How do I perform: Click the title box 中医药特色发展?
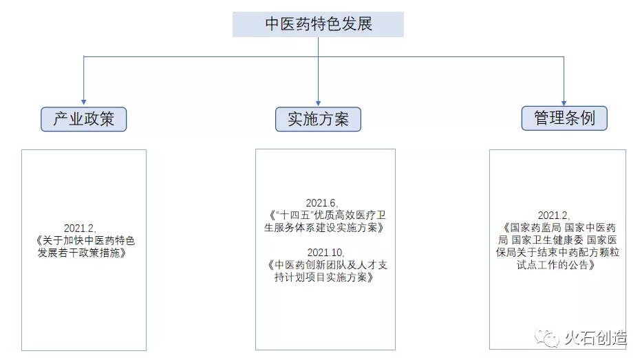[x=318, y=24]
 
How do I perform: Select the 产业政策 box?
[x=83, y=119]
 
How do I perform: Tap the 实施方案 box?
[x=318, y=119]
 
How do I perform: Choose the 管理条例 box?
[x=564, y=118]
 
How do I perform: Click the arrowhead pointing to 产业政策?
[x=84, y=100]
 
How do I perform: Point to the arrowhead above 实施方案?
[x=318, y=100]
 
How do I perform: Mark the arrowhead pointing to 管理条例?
[x=564, y=100]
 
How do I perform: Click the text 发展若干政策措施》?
[x=83, y=253]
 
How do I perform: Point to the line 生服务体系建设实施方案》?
[x=324, y=228]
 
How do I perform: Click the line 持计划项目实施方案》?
[x=324, y=277]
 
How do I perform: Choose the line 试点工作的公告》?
[x=557, y=265]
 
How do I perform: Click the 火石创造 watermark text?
[x=595, y=339]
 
